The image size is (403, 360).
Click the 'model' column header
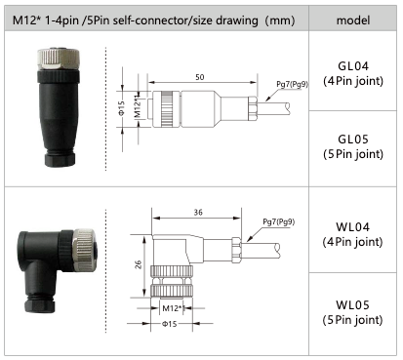tap(353, 20)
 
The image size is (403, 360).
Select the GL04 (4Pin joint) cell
tap(353, 73)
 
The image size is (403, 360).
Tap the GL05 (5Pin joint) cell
tap(353, 146)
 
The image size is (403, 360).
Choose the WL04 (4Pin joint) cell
tap(352, 234)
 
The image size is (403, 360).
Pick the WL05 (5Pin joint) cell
tap(352, 312)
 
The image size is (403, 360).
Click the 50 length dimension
tap(200, 77)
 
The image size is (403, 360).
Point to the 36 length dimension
tap(198, 213)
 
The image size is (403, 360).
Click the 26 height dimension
tap(139, 264)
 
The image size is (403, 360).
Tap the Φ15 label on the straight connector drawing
tap(121, 108)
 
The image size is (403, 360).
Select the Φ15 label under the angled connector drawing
tap(170, 324)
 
